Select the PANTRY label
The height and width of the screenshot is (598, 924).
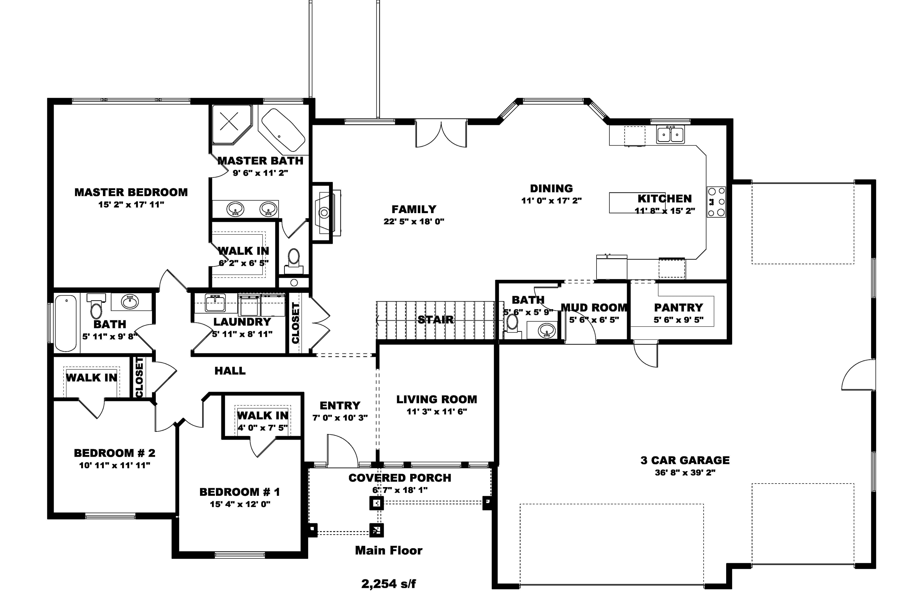(678, 308)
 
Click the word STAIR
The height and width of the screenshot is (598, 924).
(435, 320)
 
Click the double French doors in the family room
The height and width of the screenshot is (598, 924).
(441, 134)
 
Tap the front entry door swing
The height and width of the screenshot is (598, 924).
(342, 452)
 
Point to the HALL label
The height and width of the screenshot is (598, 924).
(230, 371)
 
